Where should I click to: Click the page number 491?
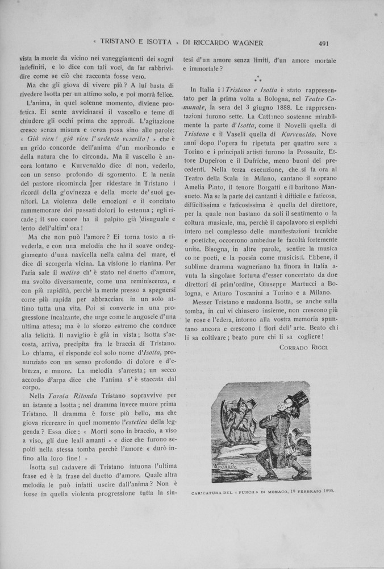(x=325, y=42)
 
